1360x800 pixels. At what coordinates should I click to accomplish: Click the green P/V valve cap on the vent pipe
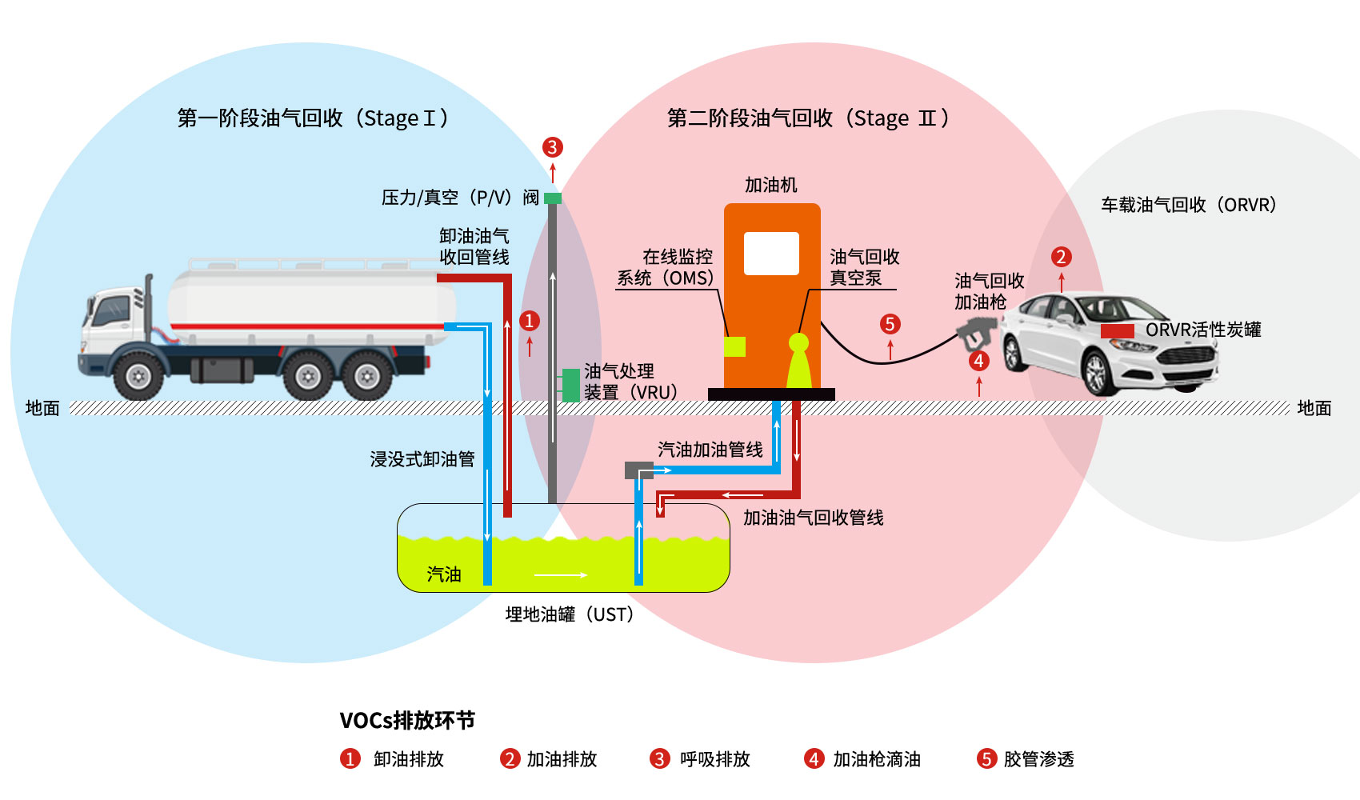coord(553,198)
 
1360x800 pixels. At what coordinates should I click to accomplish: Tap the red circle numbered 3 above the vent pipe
coord(552,147)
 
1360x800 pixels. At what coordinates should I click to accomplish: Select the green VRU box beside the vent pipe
coord(570,385)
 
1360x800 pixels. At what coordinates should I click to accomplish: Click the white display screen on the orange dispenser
coord(771,254)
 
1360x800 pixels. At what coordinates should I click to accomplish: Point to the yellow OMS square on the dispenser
coord(734,346)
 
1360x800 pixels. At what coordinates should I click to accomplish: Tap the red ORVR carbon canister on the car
coord(1117,331)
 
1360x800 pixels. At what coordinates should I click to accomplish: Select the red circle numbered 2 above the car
coord(1061,257)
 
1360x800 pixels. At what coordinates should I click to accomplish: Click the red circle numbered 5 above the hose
coord(890,324)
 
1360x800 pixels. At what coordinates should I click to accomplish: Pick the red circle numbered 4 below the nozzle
coord(978,361)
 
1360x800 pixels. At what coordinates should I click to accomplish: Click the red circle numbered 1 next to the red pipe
coord(529,321)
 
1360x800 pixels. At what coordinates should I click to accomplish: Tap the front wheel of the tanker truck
coord(139,376)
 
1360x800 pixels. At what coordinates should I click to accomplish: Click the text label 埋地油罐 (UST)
coord(570,614)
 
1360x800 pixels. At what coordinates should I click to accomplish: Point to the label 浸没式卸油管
coord(422,459)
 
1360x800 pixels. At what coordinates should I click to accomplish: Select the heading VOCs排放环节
coord(407,721)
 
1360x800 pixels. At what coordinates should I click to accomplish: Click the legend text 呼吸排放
coord(714,759)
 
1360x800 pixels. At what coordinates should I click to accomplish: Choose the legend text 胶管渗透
coord(1038,759)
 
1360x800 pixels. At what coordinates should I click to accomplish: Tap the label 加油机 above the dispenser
coord(770,186)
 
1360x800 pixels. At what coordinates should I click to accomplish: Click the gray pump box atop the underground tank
coord(638,470)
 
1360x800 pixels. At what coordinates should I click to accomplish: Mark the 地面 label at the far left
coord(42,408)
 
